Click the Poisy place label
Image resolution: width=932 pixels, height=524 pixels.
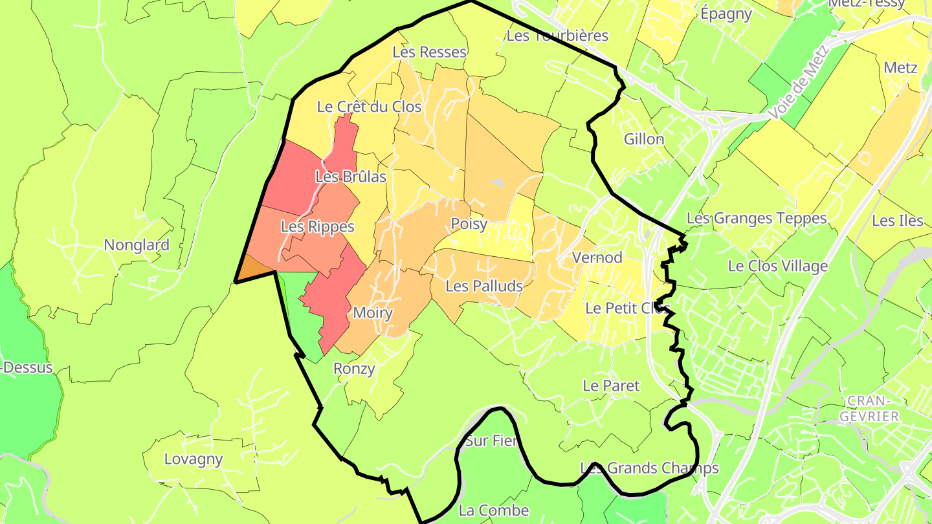click(469, 224)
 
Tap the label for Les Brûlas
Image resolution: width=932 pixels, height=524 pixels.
click(351, 177)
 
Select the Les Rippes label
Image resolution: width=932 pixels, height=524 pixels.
click(317, 227)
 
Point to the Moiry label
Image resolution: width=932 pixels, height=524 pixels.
click(373, 313)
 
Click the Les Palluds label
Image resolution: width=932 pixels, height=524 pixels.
click(484, 285)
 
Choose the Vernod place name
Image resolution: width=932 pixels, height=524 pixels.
click(597, 257)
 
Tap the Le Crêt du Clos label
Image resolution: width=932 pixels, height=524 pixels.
click(369, 107)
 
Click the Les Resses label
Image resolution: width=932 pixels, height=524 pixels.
click(430, 52)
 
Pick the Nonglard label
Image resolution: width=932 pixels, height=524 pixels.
click(137, 245)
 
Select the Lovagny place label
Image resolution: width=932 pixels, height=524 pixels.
click(194, 460)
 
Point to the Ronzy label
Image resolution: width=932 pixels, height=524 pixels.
click(354, 369)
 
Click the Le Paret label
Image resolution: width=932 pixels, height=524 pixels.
click(611, 386)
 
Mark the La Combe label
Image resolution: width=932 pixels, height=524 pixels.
click(493, 510)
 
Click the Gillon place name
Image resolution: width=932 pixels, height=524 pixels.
click(644, 139)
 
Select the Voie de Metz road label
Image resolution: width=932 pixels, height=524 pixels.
click(799, 82)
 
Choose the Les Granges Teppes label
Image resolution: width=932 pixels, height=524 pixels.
click(757, 219)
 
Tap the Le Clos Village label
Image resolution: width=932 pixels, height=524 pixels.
click(778, 266)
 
